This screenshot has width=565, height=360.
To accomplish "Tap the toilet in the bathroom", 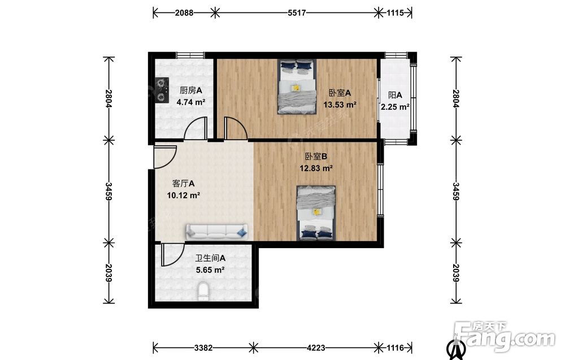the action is [203, 292].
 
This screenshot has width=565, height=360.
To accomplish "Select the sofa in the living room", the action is [216, 232].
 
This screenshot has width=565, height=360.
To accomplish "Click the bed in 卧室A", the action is [297, 86].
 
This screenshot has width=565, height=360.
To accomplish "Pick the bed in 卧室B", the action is [316, 213].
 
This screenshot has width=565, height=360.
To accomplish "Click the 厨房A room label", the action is [190, 90].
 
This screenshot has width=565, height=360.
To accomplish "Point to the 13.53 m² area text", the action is [340, 105].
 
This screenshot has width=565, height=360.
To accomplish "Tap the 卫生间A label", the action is [210, 258].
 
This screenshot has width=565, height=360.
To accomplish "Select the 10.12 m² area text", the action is [184, 196].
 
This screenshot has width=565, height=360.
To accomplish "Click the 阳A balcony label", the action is [395, 95].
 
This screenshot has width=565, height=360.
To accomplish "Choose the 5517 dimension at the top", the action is [297, 13].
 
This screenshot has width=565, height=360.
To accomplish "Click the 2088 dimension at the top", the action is [184, 13].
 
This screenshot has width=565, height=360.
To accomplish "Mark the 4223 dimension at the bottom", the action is [316, 348].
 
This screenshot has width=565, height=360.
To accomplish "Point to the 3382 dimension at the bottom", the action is [203, 348].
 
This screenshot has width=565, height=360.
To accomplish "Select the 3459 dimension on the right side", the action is [456, 192].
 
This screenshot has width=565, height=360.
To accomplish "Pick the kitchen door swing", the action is [195, 128].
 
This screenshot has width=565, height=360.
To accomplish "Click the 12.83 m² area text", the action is [316, 168].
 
